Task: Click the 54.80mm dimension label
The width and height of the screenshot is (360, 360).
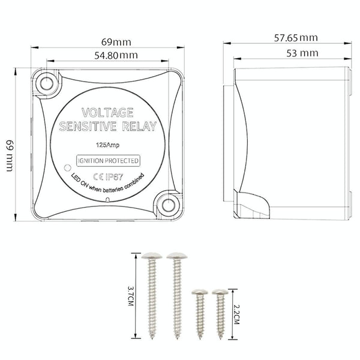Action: coord(116,55)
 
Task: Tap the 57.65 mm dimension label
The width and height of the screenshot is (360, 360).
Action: coord(296,38)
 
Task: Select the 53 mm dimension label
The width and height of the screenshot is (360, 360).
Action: coord(302,53)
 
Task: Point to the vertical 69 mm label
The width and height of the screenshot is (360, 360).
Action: coord(10,155)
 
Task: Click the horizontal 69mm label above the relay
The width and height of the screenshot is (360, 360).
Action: coord(116,42)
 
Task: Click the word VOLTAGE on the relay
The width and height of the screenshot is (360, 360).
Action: coord(107,113)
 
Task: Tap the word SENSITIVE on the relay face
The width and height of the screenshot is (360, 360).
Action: coord(88,127)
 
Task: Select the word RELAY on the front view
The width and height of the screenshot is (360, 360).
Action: coord(139,127)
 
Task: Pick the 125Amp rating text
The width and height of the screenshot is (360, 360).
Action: coord(107,145)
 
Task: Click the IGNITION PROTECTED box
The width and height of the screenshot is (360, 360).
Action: coord(108,161)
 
